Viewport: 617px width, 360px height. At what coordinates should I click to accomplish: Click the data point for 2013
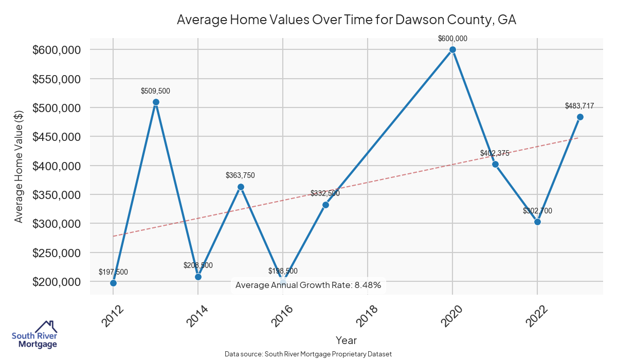(156, 102)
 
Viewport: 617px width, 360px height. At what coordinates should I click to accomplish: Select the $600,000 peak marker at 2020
(452, 50)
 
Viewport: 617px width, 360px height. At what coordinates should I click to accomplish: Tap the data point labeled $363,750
(241, 187)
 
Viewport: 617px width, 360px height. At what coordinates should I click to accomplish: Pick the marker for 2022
(537, 222)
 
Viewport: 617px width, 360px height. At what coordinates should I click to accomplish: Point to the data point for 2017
(325, 205)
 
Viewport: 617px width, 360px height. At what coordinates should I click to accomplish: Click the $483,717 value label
(579, 106)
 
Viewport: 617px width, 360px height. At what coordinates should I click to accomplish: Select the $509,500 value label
(155, 91)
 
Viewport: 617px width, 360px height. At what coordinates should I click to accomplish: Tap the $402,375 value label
(495, 153)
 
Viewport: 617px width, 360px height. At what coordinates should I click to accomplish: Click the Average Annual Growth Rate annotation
(308, 285)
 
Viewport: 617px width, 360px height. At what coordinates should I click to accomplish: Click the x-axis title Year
(346, 340)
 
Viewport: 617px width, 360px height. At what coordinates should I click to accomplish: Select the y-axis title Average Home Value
(19, 166)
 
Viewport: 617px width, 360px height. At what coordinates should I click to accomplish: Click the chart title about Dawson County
(346, 20)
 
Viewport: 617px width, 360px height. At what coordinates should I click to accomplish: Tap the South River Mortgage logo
(34, 335)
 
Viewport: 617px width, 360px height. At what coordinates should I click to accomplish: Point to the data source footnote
(308, 354)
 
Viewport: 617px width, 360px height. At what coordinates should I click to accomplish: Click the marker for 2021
(495, 165)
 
